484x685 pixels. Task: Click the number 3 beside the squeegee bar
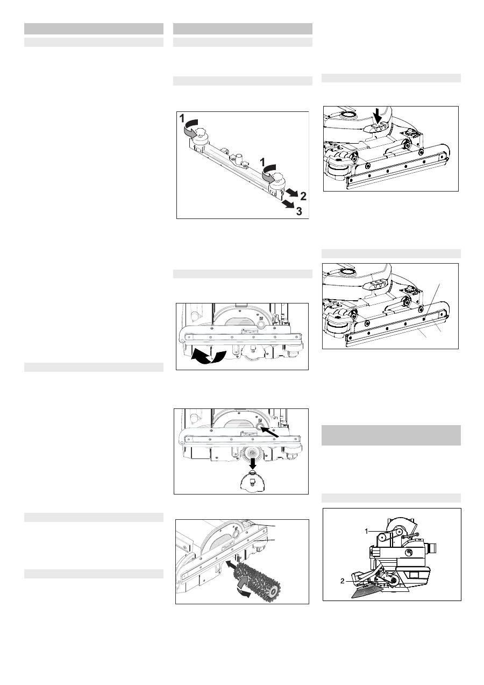pos(299,211)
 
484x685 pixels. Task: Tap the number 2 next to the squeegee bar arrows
pos(303,196)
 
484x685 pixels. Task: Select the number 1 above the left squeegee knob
pos(182,118)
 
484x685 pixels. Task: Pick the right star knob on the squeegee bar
pos(278,176)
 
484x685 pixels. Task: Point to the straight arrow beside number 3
pos(288,204)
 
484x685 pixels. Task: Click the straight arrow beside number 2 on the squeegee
pos(292,193)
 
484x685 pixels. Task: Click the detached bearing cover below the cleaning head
pos(252,482)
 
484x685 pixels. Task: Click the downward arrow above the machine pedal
pos(378,117)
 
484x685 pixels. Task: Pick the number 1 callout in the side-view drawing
pos(367,532)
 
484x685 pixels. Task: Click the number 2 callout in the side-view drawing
pos(342,581)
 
